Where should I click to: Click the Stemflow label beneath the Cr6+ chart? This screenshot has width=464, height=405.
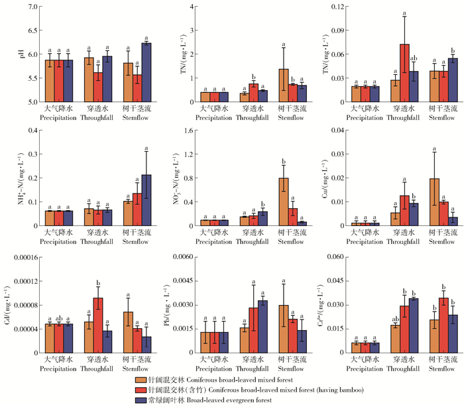point(443,367)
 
